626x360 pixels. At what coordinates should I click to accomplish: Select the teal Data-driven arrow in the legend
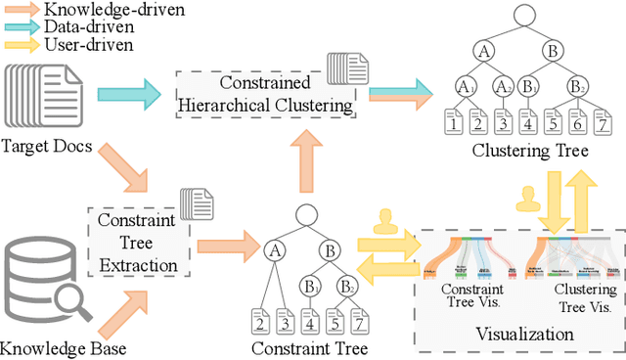(21, 27)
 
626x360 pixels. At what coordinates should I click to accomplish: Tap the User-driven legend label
(82, 45)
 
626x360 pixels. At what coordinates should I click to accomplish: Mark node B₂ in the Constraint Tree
(346, 287)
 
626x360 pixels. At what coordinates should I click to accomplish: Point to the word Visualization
(518, 335)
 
